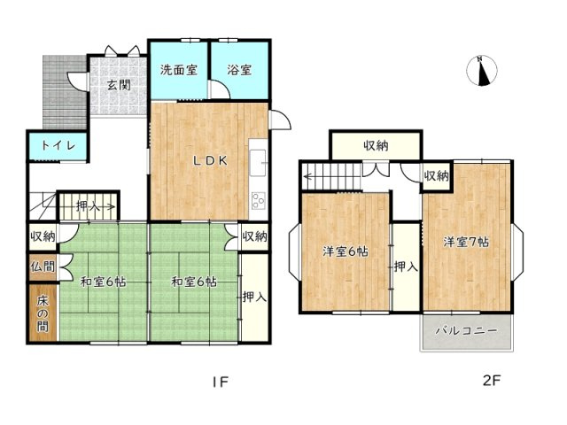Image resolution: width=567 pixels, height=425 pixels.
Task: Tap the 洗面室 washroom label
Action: click(x=178, y=70)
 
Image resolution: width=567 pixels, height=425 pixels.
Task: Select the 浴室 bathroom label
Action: click(x=238, y=70)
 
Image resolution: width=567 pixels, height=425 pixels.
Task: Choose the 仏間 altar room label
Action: click(x=42, y=266)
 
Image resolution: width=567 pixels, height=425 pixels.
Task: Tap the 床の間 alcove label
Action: click(x=42, y=313)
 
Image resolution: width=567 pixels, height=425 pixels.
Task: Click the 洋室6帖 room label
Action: click(x=344, y=251)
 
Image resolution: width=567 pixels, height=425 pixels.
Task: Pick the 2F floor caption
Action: click(x=492, y=382)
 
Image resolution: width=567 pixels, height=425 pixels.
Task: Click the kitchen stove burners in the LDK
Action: click(x=259, y=199)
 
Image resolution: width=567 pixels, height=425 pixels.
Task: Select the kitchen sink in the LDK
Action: click(x=258, y=162)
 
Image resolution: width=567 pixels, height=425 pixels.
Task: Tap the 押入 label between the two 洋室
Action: click(x=406, y=266)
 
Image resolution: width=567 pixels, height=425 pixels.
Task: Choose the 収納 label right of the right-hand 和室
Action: click(x=253, y=236)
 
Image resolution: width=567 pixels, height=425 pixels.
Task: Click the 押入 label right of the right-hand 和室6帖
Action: click(x=253, y=297)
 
